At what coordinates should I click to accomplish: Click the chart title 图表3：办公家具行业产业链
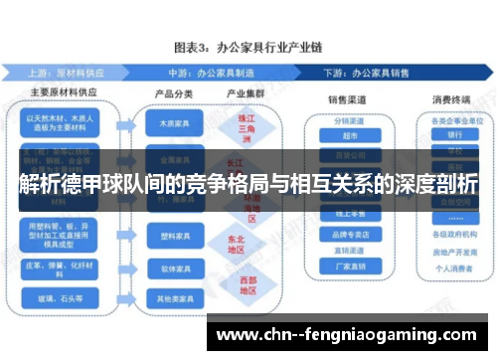coord(248,47)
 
